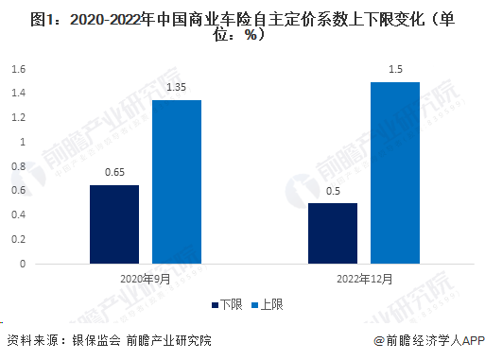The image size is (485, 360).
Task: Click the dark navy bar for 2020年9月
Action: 114,224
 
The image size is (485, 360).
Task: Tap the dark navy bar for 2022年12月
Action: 333,233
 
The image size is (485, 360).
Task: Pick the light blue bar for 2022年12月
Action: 394,172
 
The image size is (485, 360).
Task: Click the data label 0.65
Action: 115,174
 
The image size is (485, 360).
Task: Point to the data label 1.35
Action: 177,89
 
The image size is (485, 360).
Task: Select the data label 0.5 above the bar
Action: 333,192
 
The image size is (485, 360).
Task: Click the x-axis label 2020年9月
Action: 146,280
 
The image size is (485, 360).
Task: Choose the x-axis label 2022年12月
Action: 364,280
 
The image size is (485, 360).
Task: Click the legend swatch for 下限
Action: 215,304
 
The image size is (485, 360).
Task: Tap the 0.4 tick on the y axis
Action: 19,215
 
